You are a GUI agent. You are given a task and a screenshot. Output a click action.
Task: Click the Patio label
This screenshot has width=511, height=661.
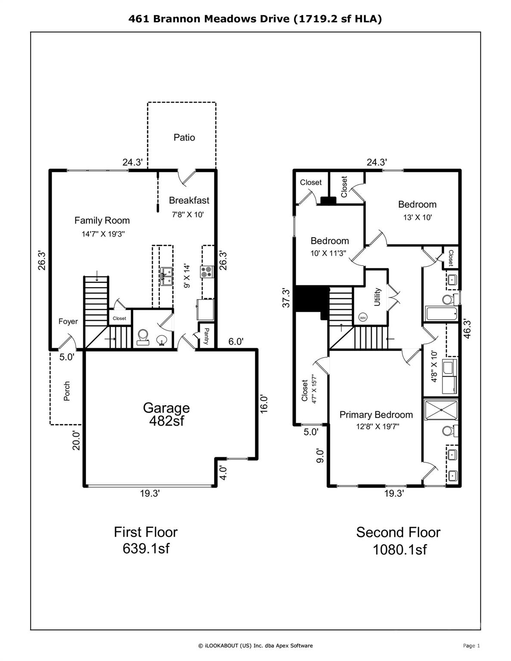click(x=184, y=137)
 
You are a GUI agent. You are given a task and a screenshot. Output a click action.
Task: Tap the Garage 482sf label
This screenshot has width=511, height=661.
click(x=166, y=414)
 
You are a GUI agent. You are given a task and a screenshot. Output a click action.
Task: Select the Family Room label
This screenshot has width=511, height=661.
click(x=102, y=220)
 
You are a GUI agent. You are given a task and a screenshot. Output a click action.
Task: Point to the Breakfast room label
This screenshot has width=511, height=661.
click(x=189, y=200)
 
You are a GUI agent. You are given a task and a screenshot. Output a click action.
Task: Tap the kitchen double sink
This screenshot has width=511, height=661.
click(x=167, y=277)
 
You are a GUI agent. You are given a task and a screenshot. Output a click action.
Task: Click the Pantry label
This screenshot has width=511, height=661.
click(x=206, y=336)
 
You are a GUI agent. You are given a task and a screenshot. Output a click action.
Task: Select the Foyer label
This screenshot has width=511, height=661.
click(x=68, y=321)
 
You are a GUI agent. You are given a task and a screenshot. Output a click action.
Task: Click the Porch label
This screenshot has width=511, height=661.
click(x=67, y=391)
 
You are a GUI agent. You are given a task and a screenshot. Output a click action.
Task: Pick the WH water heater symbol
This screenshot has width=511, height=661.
click(x=362, y=318)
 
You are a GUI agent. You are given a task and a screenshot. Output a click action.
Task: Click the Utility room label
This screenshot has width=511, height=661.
click(x=377, y=297)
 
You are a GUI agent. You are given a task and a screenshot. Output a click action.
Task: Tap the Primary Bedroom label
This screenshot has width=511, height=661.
click(x=376, y=414)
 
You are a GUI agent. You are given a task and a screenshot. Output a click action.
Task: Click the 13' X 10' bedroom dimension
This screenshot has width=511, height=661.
click(x=417, y=217)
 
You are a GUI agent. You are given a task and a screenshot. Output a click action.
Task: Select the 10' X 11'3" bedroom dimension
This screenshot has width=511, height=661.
click(x=329, y=253)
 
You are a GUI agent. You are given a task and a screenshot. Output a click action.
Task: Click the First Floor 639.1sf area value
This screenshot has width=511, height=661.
click(x=146, y=548)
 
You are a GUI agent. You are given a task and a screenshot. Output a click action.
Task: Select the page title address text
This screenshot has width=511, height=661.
click(x=255, y=19)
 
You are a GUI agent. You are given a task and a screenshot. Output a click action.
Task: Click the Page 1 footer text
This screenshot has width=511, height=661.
click(x=471, y=646)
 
